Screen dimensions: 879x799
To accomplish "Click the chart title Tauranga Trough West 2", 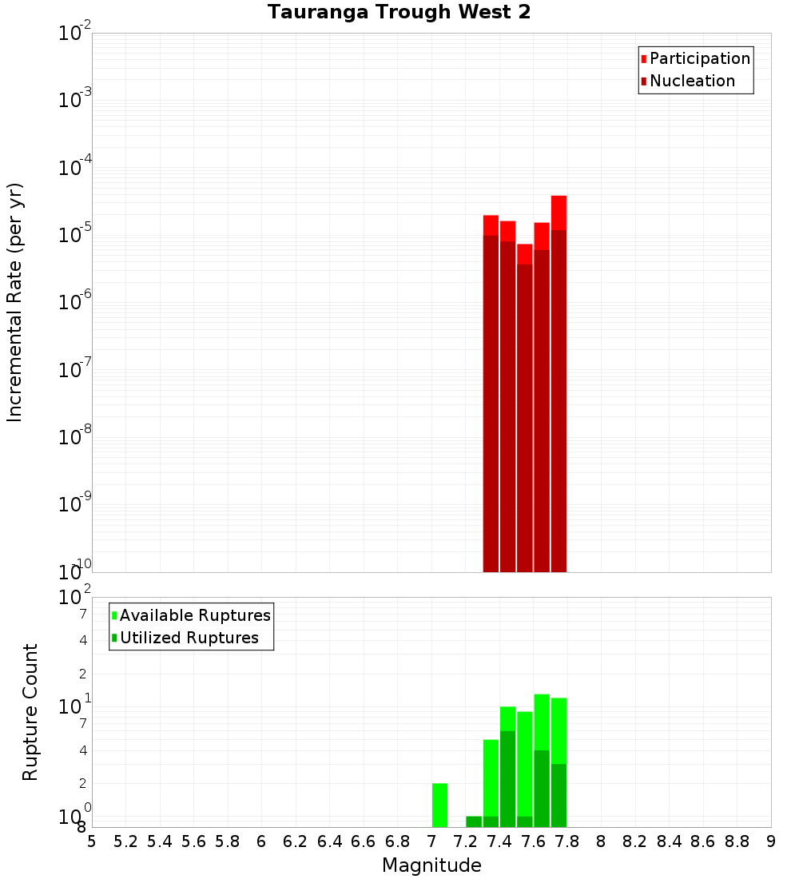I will pyautogui.click(x=399, y=12).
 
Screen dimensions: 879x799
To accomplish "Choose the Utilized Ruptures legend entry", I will pyautogui.click(x=189, y=638).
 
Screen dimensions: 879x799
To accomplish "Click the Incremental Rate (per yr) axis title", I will pyautogui.click(x=14, y=302).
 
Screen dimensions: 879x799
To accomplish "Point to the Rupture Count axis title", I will pyautogui.click(x=30, y=712).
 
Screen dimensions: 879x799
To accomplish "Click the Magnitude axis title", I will pyautogui.click(x=431, y=865).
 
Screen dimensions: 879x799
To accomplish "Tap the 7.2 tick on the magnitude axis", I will pyautogui.click(x=465, y=841).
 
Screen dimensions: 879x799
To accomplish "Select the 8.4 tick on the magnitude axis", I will pyautogui.click(x=669, y=841).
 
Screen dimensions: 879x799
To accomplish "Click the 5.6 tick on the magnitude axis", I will pyautogui.click(x=193, y=841).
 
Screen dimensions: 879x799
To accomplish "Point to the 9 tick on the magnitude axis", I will pyautogui.click(x=771, y=841).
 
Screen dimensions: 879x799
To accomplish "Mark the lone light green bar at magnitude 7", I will pyautogui.click(x=439, y=805).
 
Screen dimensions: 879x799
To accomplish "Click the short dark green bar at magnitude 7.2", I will pyautogui.click(x=474, y=821).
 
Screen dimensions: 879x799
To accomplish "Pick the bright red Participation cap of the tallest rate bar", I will pyautogui.click(x=559, y=212).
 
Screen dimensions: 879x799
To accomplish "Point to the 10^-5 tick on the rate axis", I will pyautogui.click(x=75, y=235).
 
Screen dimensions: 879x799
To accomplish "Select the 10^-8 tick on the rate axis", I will pyautogui.click(x=75, y=437).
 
